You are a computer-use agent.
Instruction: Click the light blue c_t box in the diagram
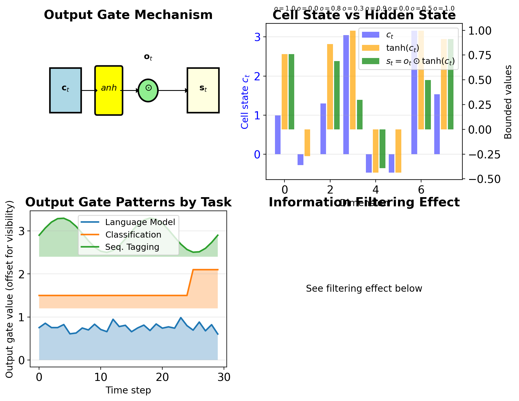point(66,90)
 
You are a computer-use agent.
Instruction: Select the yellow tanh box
point(109,90)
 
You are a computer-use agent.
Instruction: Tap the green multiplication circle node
point(148,90)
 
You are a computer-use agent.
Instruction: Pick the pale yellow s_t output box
point(203,90)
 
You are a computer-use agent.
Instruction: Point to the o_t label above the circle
point(148,57)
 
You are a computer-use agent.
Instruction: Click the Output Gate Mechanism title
point(128,15)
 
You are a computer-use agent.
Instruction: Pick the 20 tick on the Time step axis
point(162,377)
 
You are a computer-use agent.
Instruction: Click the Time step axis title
point(128,390)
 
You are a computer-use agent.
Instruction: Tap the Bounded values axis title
point(508,102)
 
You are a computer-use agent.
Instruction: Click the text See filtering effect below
point(364,289)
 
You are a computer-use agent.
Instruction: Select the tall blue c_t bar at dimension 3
point(346,95)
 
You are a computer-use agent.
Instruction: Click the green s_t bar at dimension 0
point(291,92)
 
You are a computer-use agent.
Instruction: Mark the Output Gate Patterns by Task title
point(128,202)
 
